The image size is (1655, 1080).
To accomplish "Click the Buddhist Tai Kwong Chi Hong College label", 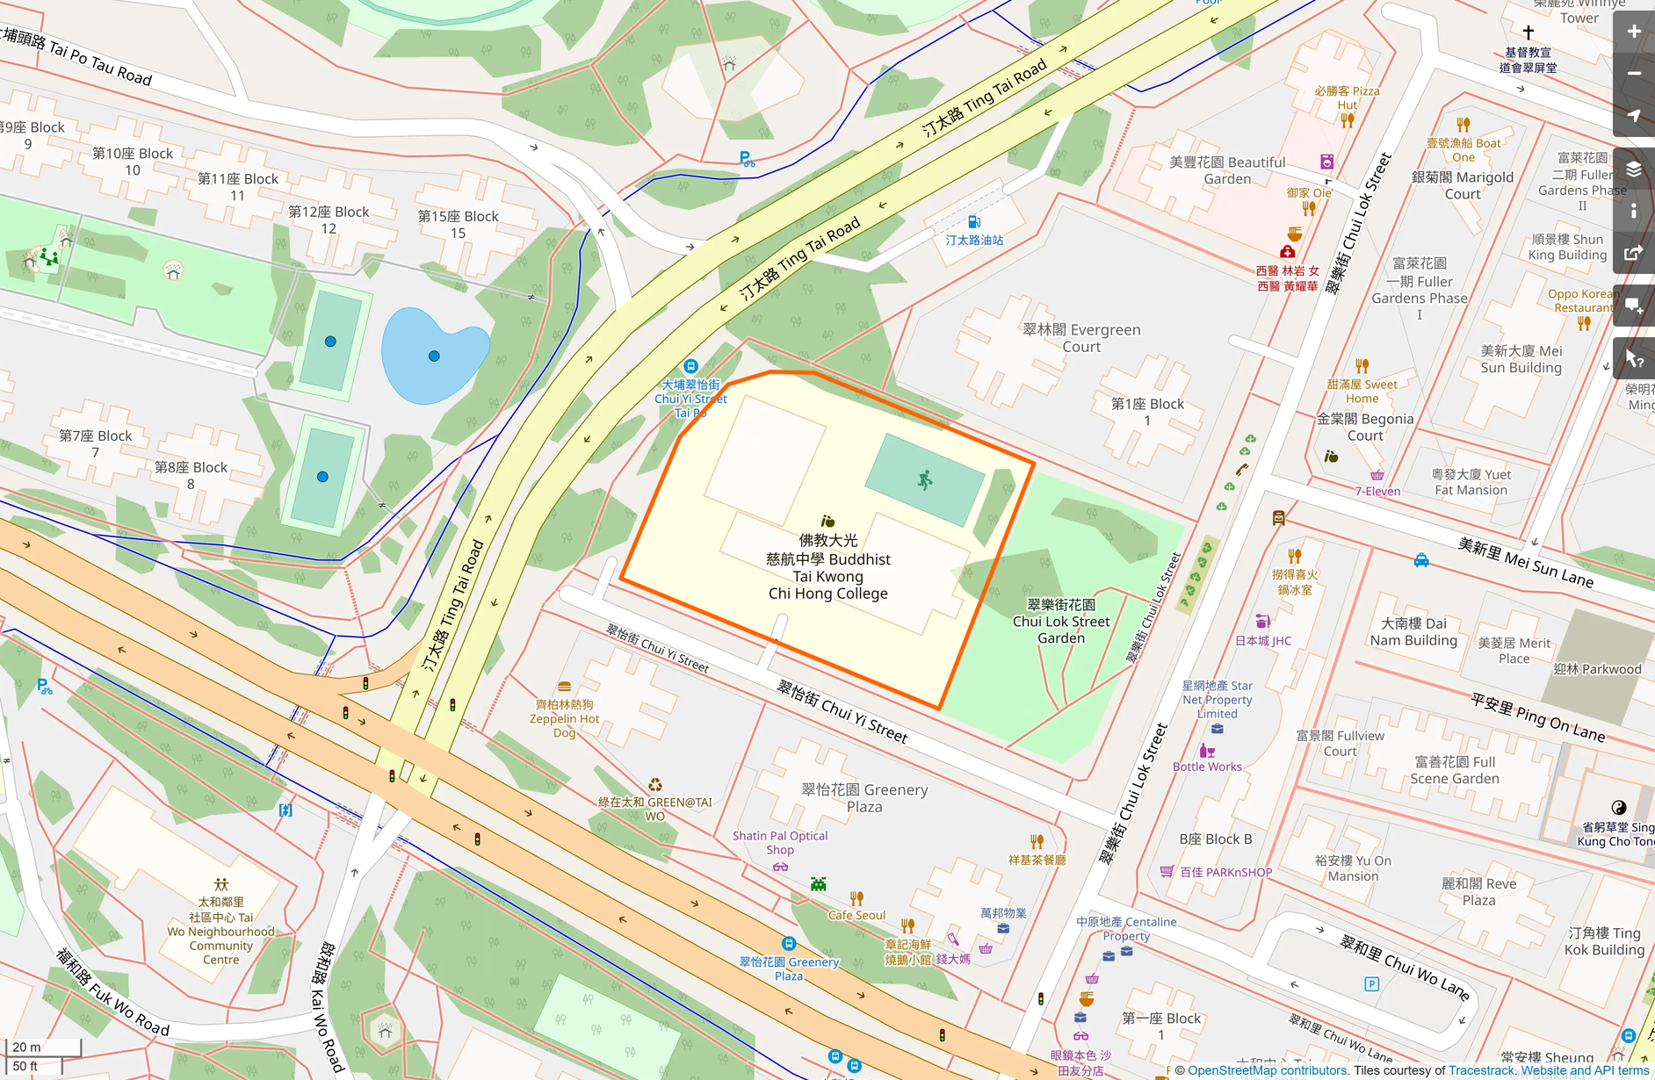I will [x=827, y=567].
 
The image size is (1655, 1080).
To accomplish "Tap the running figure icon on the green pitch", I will [x=925, y=479].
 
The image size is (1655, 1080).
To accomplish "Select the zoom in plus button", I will [x=1633, y=32].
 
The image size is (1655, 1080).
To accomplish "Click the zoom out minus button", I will [x=1633, y=74].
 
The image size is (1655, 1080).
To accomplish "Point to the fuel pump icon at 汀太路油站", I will [x=973, y=221].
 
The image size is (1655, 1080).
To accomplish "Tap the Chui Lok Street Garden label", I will [x=1061, y=622].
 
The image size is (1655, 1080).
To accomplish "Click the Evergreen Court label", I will [x=1081, y=338].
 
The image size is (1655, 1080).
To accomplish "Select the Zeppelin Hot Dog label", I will [x=564, y=718].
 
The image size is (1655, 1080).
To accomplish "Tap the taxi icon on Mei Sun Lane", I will [x=1420, y=560].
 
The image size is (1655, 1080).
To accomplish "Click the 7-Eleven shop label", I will [x=1377, y=491].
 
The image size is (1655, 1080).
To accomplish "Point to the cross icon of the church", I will [x=1528, y=32].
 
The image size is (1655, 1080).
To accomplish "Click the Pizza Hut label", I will [x=1348, y=97].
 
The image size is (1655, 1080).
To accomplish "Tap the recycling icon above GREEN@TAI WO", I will [x=654, y=785].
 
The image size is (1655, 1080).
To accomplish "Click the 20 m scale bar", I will [x=42, y=1047].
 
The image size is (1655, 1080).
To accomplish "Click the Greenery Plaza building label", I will [x=864, y=797].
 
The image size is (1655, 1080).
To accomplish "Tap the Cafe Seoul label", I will [x=856, y=915].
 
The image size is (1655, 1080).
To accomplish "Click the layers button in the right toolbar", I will [x=1633, y=169].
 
